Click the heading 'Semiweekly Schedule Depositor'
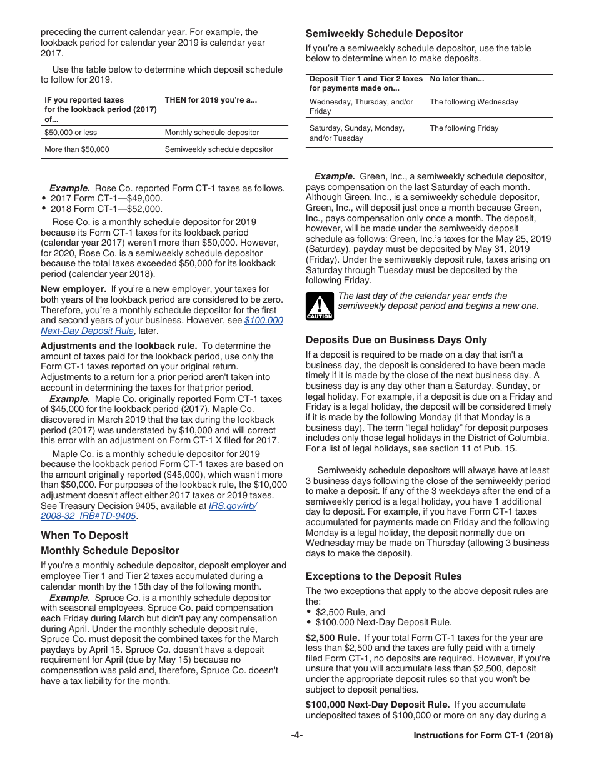pyautogui.click(x=384, y=34)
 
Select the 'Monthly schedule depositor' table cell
pyautogui.click(x=212, y=133)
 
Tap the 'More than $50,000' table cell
pyautogui.click(x=77, y=149)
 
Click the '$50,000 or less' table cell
pyautogui.click(x=71, y=133)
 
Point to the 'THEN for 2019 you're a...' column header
pyautogui.click(x=211, y=100)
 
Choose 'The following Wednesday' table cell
pyautogui.click(x=473, y=102)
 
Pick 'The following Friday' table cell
pyautogui.click(x=464, y=128)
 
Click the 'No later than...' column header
pyautogui.click(x=456, y=79)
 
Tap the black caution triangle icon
pyautogui.click(x=319, y=305)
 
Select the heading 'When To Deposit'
pyautogui.click(x=84, y=535)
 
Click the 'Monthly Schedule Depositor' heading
pyautogui.click(x=110, y=551)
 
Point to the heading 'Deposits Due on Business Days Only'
pyautogui.click(x=396, y=340)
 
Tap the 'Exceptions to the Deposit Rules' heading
pyautogui.click(x=383, y=576)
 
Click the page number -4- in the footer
pyautogui.click(x=296, y=736)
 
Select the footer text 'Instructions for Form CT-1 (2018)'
pyautogui.click(x=483, y=736)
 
